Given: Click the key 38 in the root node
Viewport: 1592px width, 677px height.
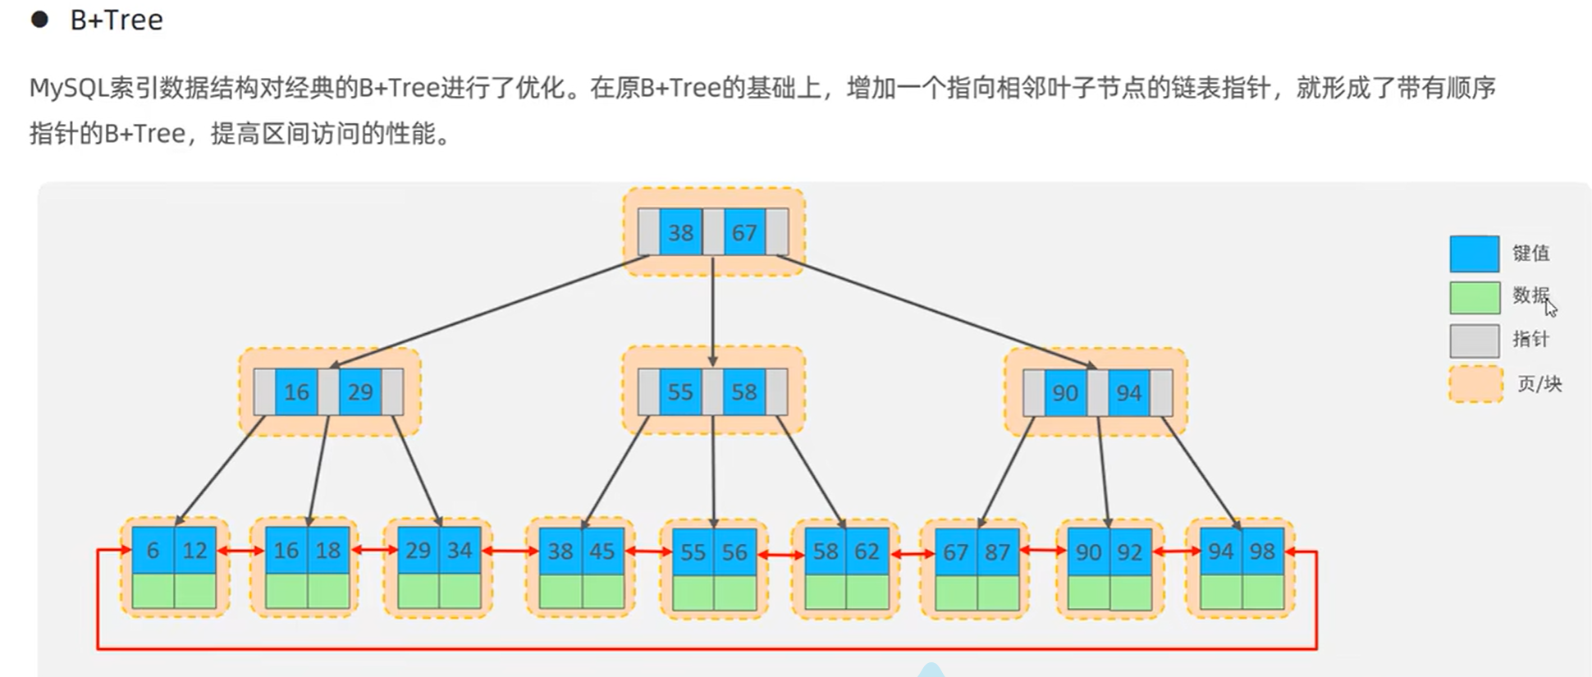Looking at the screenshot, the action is tap(680, 232).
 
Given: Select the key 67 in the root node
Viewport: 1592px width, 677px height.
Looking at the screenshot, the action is tap(744, 232).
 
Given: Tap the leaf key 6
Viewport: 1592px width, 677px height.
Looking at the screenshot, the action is tap(153, 550).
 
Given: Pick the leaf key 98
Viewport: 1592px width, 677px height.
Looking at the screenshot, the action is tap(1263, 551).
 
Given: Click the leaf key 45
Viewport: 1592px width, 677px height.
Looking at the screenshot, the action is tap(602, 551).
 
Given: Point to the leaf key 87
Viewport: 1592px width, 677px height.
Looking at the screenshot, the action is tap(998, 551).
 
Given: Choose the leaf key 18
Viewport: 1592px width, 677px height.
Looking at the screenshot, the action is tap(328, 550).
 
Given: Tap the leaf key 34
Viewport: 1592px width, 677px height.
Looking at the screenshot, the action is tap(460, 550).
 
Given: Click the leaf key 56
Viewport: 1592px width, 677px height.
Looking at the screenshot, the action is tap(734, 551).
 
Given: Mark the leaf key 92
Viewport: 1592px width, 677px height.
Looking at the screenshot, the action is tap(1130, 551).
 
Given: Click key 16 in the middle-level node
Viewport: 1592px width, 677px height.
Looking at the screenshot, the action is tap(296, 391).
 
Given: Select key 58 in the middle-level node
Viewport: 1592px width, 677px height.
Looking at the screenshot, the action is tap(744, 391).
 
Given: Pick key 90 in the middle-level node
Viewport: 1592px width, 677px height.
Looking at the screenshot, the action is tap(1065, 392).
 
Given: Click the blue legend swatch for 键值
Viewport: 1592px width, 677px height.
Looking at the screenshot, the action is tap(1475, 254).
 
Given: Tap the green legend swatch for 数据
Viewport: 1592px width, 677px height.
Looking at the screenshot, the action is tap(1475, 298).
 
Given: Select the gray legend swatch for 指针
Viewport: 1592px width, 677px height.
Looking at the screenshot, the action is tap(1475, 341).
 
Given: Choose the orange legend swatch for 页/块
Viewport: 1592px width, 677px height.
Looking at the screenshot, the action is tap(1476, 384).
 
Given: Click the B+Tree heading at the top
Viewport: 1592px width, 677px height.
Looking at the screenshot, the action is tap(117, 20).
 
